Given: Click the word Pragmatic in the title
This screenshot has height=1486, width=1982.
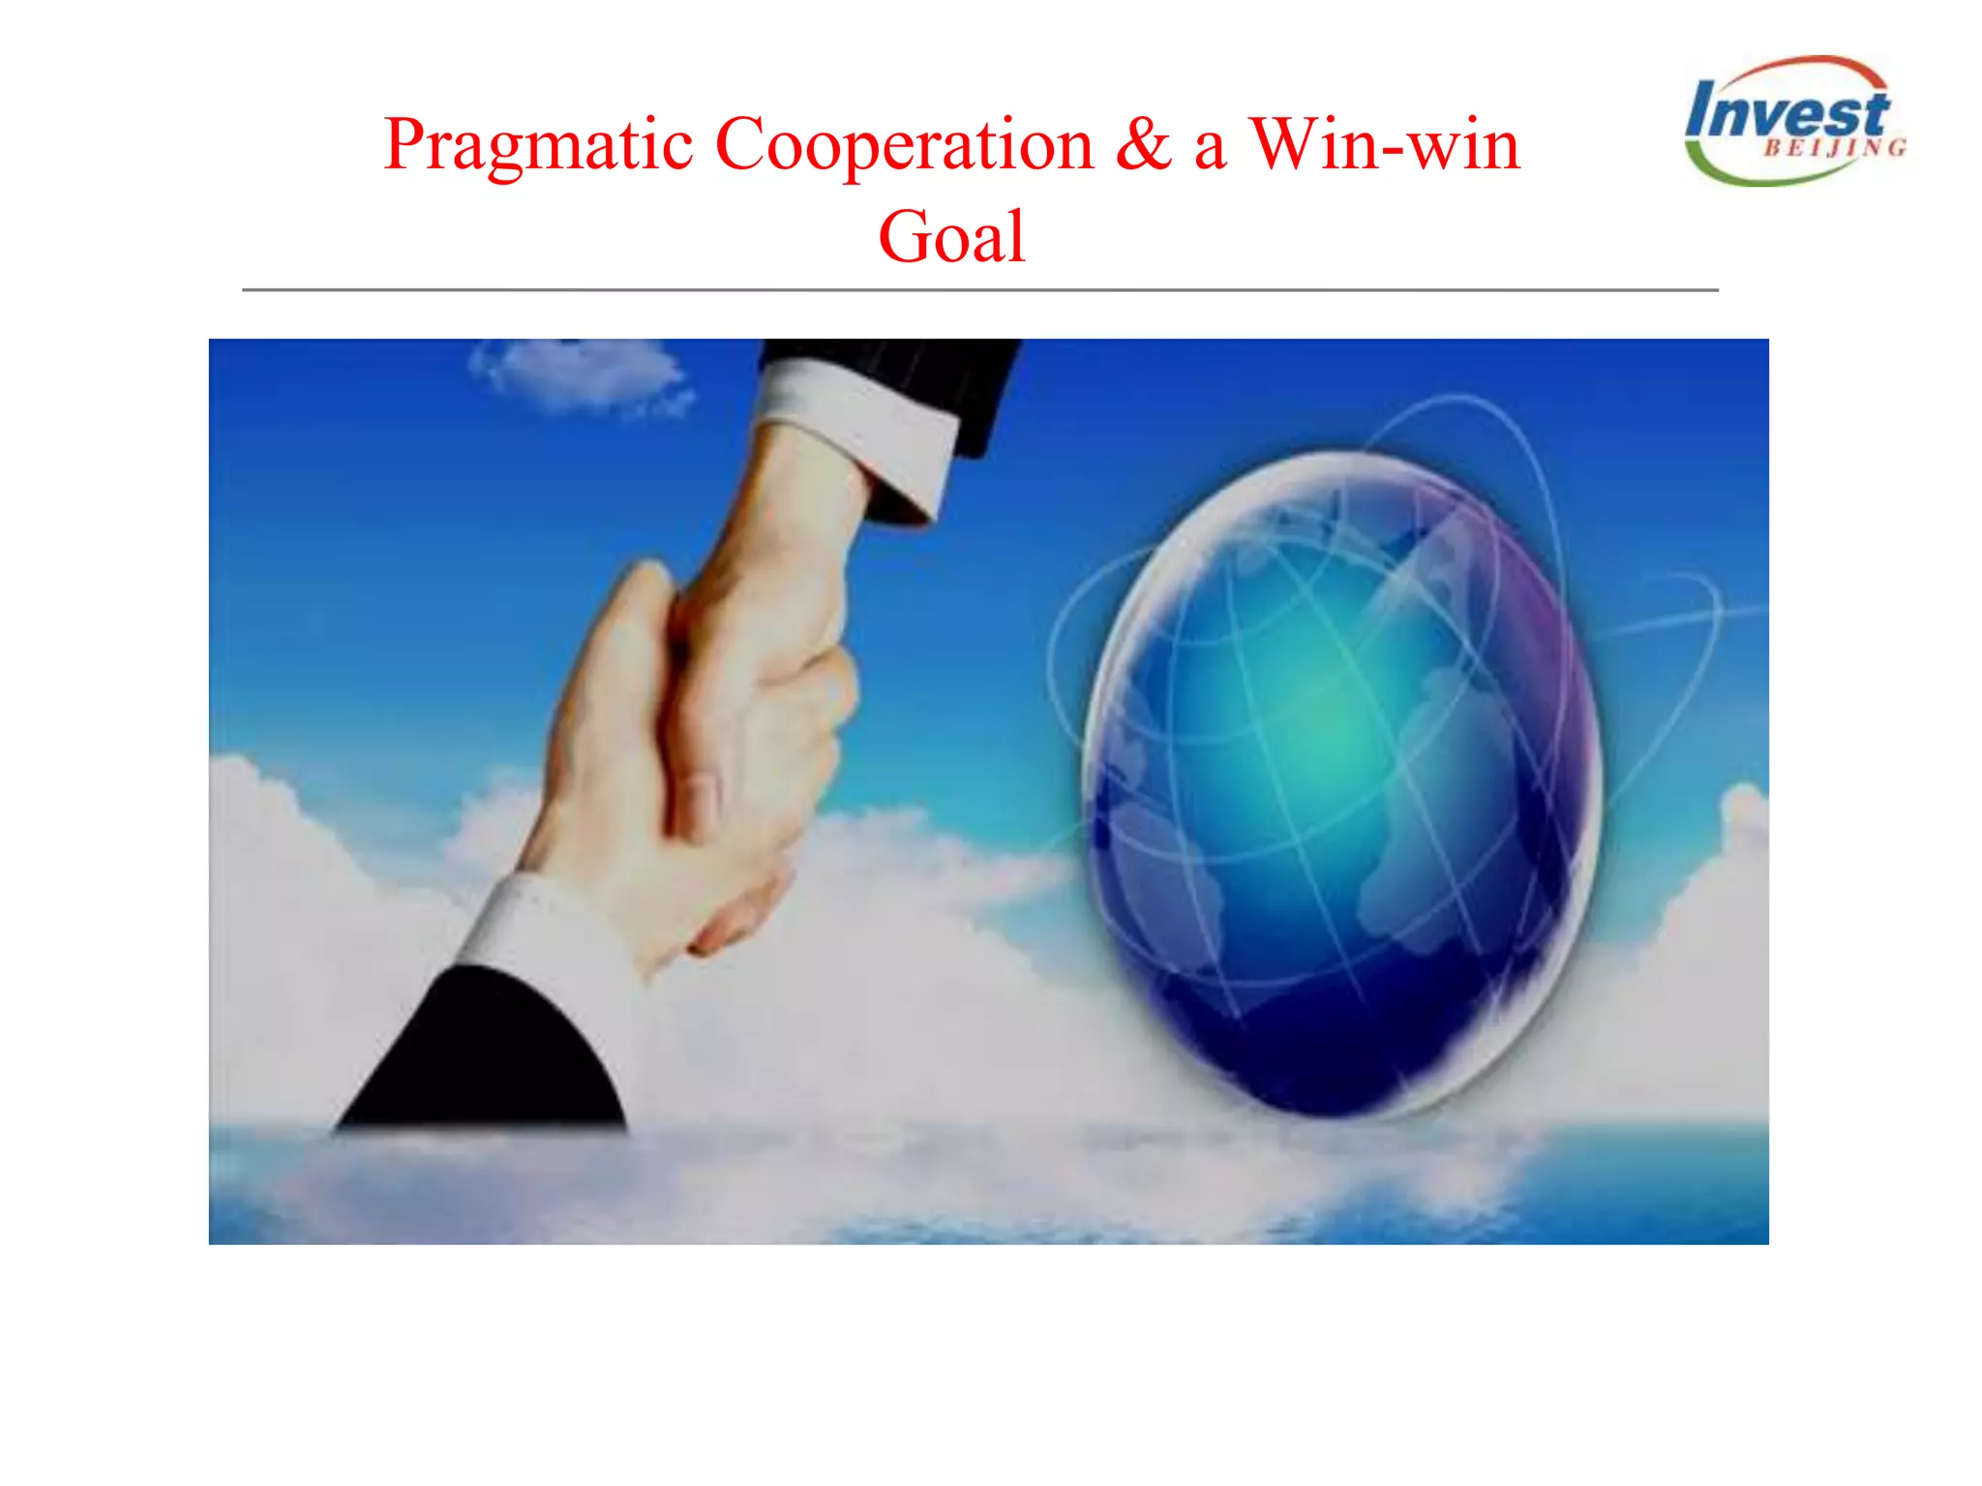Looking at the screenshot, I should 538,145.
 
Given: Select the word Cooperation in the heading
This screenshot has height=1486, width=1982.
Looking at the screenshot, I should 904,145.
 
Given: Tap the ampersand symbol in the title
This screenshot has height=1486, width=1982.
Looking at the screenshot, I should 1142,145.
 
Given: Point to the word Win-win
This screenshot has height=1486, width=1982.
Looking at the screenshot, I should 1384,145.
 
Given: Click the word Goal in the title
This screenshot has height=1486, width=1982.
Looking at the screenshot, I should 951,237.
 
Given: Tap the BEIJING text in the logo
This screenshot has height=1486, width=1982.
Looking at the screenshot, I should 1834,148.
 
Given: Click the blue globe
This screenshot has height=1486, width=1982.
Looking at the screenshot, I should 1340,784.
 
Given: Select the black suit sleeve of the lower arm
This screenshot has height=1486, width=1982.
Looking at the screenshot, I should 484,1055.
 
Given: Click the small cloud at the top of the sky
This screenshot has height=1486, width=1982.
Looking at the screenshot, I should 581,372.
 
